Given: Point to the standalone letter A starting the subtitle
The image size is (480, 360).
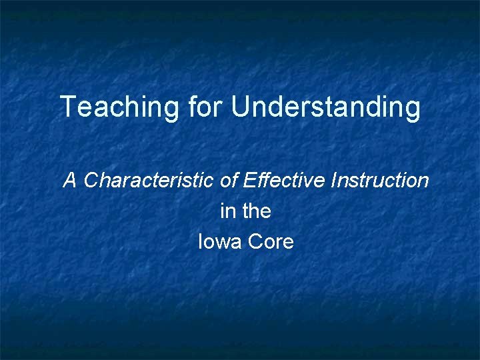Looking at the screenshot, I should click(70, 180).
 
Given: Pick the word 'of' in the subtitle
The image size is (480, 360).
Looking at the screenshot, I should click(233, 180).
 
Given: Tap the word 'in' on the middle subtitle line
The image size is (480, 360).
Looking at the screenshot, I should click(226, 211).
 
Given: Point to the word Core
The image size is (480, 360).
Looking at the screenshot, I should click(271, 241).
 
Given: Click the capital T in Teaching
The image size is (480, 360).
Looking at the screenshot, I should click(67, 107).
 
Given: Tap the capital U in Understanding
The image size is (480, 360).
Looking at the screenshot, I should click(239, 107).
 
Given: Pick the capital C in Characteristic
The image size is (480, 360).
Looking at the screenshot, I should click(92, 180).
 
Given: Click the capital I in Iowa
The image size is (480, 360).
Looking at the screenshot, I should click(201, 241).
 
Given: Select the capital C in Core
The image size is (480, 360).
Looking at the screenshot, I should click(255, 241).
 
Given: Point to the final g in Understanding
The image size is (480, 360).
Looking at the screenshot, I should click(413, 110).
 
